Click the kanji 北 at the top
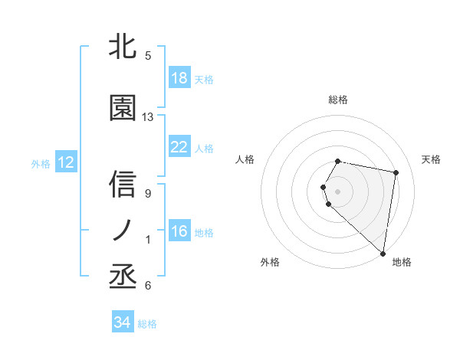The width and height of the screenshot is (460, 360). (x=123, y=47)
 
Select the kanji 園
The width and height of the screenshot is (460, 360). (x=123, y=109)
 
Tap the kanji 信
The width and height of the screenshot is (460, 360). (x=123, y=185)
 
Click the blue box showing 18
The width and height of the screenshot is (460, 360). (x=179, y=78)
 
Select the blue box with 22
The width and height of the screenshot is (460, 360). (x=179, y=147)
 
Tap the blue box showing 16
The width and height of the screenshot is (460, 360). (x=179, y=231)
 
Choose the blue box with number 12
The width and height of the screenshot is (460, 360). (x=65, y=162)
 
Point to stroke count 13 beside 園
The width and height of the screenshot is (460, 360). (x=148, y=117)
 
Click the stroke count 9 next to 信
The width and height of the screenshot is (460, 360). (x=148, y=194)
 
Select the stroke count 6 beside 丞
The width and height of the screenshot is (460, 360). (x=148, y=286)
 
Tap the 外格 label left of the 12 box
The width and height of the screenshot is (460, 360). (x=40, y=163)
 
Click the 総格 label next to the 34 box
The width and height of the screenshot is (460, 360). (x=147, y=324)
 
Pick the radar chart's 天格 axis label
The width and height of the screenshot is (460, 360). (x=431, y=159)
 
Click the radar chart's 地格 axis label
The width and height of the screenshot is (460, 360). (x=402, y=262)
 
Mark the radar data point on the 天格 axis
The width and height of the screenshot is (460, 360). (x=396, y=173)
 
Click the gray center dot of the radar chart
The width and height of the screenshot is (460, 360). (x=338, y=191)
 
